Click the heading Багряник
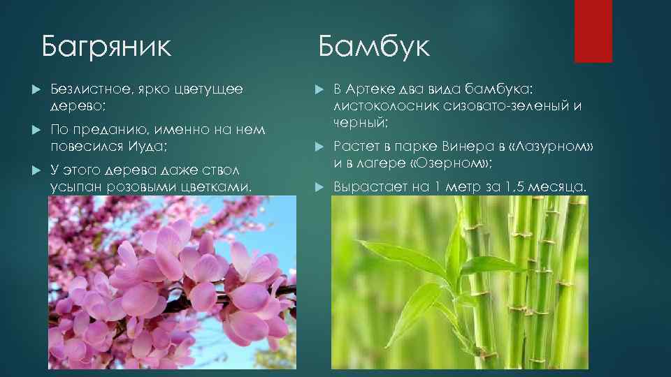[106, 47]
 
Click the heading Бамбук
[374, 47]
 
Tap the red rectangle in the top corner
[593, 31]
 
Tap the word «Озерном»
[452, 163]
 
